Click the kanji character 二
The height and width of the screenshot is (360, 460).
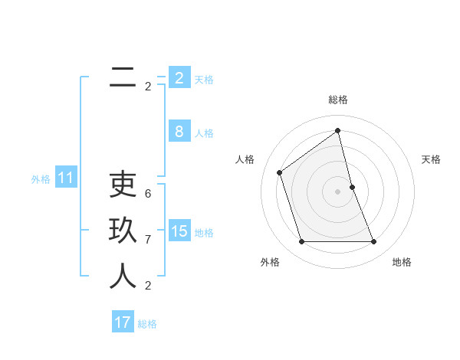(123, 77)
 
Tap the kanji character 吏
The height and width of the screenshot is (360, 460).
(123, 184)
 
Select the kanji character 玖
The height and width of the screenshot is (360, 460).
(123, 230)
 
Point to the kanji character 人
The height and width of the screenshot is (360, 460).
(123, 276)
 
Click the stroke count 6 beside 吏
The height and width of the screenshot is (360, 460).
(148, 194)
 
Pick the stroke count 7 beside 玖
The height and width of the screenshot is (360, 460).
(148, 240)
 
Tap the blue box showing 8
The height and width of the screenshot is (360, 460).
(179, 132)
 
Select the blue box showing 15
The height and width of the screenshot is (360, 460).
(179, 231)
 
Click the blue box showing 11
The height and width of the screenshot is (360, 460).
(66, 178)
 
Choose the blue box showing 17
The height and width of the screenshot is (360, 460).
(123, 322)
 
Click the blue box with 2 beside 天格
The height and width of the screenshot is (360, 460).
(179, 77)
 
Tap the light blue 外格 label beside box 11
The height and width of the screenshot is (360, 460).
(41, 179)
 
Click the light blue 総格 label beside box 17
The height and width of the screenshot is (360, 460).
(147, 324)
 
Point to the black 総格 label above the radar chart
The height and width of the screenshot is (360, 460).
(338, 100)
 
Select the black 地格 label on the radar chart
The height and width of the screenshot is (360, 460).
(402, 262)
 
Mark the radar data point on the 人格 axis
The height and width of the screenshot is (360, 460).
(280, 172)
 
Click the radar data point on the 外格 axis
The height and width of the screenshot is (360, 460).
(302, 242)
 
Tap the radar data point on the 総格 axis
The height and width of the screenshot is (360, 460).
(338, 130)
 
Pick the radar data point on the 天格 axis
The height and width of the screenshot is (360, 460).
(352, 187)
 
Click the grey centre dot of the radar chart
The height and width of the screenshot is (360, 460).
(338, 191)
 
